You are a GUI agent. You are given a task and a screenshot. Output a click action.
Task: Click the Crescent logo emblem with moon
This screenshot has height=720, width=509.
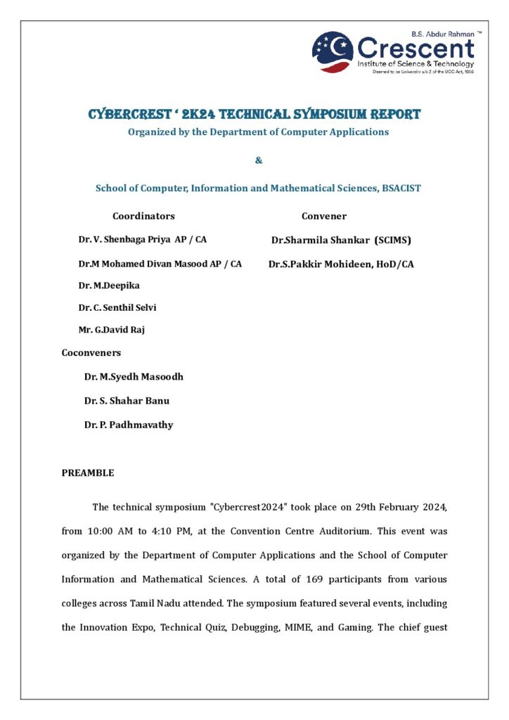(333, 51)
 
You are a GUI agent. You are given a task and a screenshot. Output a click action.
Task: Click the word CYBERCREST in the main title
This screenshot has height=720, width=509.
(131, 114)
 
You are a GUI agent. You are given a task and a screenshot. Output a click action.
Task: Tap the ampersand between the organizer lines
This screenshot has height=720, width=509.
(259, 160)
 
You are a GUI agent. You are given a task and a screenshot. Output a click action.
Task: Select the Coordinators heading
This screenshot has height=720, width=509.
(143, 216)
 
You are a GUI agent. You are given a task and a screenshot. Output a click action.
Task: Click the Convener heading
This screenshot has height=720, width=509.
(324, 216)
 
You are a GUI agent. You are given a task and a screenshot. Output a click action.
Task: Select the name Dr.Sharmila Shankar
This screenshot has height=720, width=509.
(322, 240)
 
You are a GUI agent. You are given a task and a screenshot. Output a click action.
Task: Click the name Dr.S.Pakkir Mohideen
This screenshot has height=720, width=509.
(314, 264)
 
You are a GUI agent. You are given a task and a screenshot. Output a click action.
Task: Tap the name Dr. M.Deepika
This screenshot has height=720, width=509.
(109, 285)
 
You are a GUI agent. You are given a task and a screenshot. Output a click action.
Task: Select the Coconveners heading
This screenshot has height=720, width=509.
(91, 352)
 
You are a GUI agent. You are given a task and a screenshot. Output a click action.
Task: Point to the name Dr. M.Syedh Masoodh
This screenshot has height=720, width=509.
(134, 376)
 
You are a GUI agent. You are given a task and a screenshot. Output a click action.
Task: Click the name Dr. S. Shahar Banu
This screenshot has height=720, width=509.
(127, 400)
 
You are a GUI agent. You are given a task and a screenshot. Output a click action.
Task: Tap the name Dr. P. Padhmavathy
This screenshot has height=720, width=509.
(129, 424)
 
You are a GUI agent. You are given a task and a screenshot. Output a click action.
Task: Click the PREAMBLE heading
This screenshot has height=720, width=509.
(88, 472)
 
